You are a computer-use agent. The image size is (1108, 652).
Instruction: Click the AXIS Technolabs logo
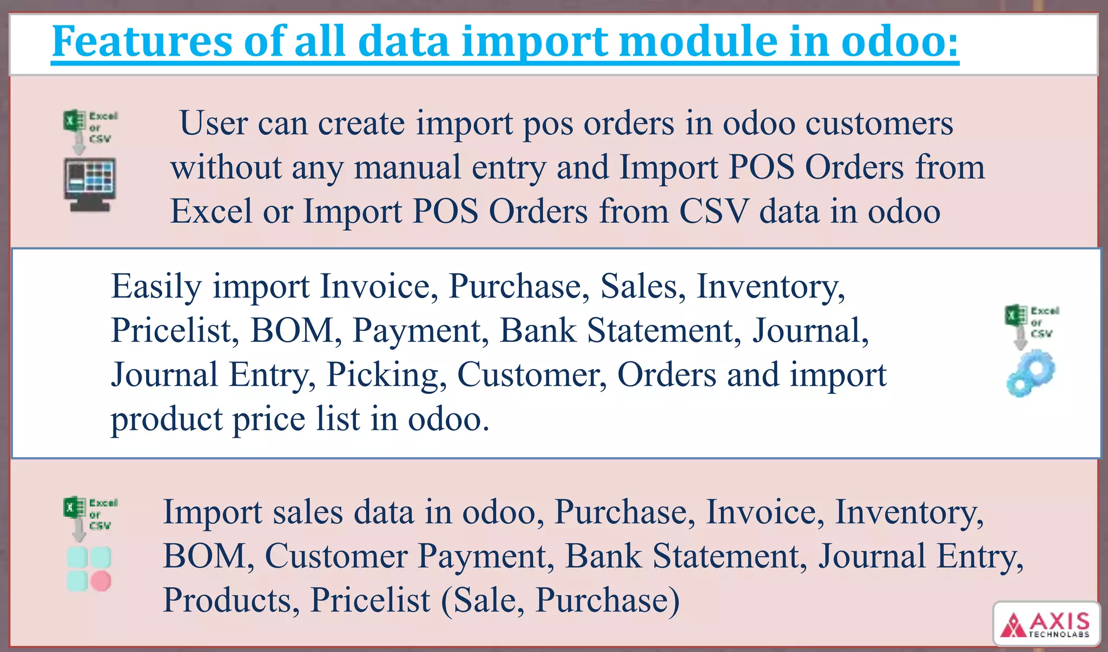click(1046, 624)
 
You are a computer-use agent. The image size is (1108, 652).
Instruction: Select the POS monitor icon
click(90, 184)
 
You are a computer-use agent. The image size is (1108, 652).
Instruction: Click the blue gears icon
click(1031, 373)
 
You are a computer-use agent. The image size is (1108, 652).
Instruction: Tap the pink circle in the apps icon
click(101, 581)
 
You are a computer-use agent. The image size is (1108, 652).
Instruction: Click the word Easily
click(156, 286)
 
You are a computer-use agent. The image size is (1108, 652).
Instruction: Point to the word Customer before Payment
click(335, 556)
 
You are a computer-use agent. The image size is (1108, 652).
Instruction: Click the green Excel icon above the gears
click(1015, 315)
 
